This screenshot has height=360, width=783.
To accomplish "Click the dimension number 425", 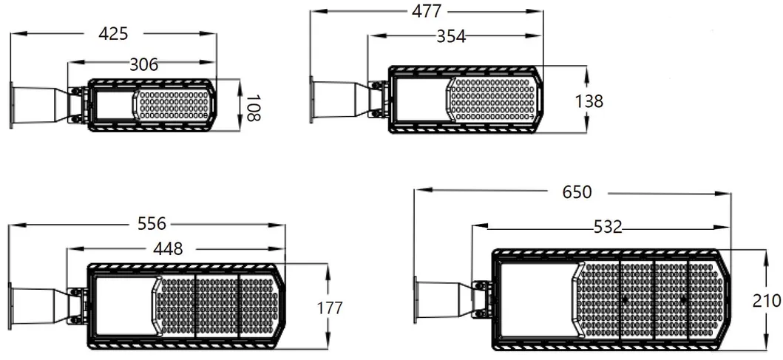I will pyautogui.click(x=114, y=33).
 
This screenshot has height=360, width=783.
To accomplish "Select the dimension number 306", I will pyautogui.click(x=143, y=64).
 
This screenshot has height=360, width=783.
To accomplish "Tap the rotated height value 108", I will pyautogui.click(x=253, y=106).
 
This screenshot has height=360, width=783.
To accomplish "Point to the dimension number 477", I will pyautogui.click(x=427, y=11).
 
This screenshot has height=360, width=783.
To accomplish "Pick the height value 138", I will pyautogui.click(x=589, y=101).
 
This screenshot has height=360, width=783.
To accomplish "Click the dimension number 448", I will pyautogui.click(x=168, y=249).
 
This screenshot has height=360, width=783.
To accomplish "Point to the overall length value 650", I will pyautogui.click(x=577, y=192).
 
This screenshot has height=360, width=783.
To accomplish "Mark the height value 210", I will pyautogui.click(x=766, y=301).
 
